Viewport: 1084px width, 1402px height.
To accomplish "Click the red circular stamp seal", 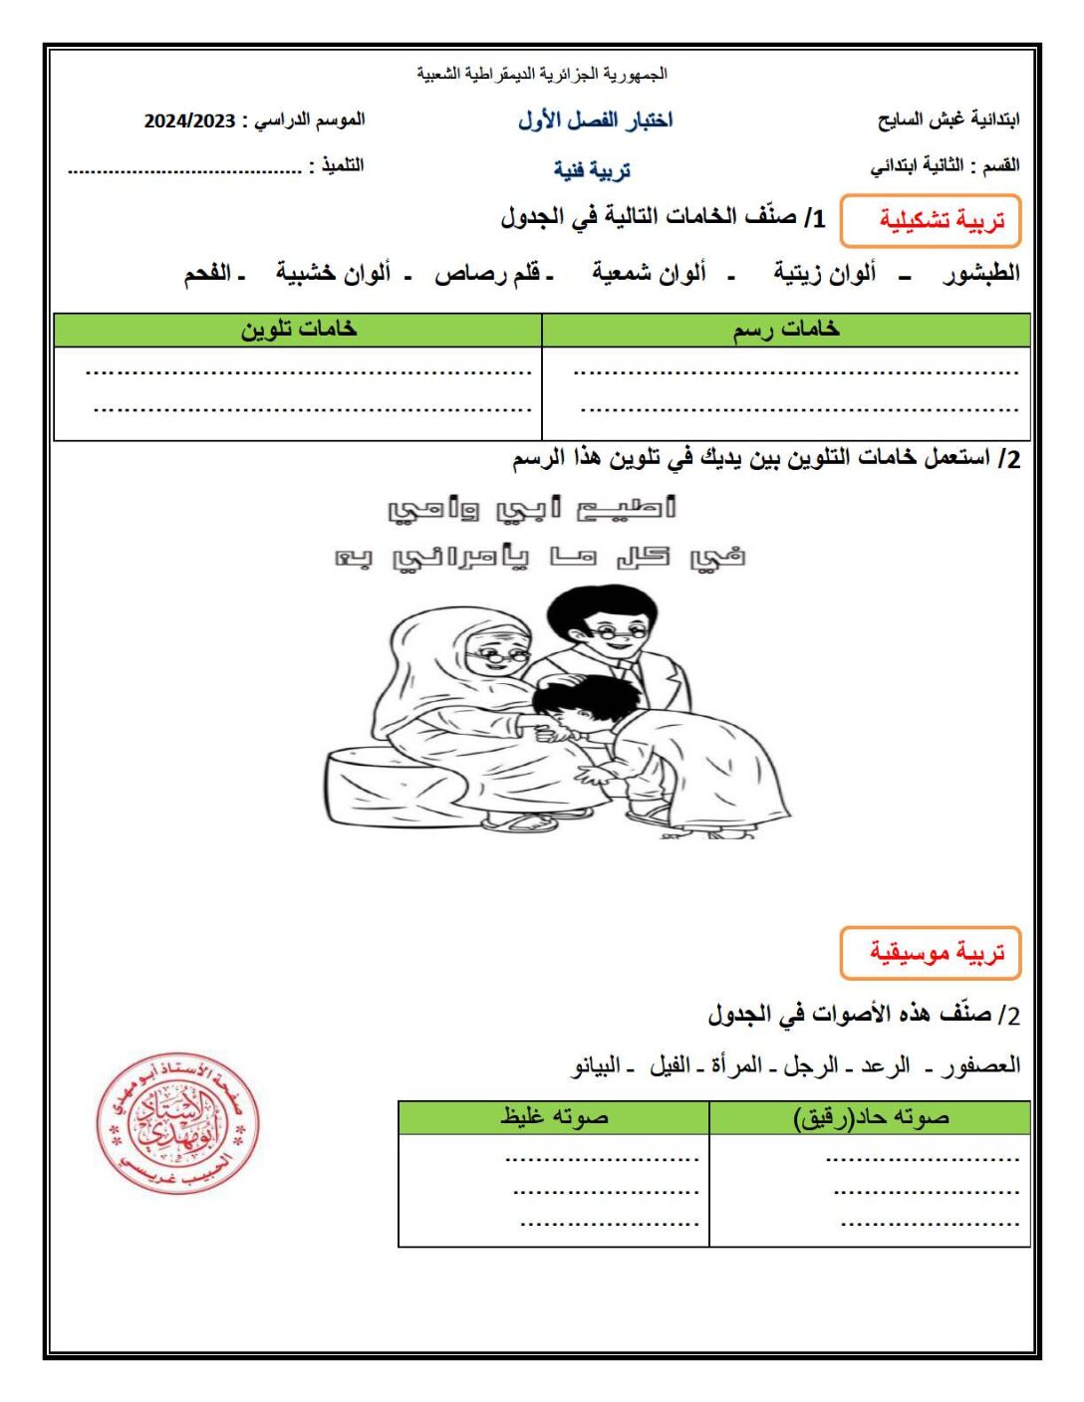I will pos(177,1123).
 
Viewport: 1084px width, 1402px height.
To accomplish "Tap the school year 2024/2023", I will pos(189,121).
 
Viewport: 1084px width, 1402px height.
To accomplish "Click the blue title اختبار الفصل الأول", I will pos(595,120).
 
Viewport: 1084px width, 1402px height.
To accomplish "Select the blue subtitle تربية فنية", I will pos(592,170).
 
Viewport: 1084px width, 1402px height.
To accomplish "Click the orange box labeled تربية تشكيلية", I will pos(931,221).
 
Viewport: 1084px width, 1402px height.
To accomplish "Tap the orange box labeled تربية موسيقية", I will pos(931,953).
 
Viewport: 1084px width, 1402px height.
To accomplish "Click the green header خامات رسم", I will pos(786,330).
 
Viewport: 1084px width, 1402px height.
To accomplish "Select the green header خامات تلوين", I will pos(298,330).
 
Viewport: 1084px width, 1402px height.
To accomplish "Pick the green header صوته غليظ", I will pos(554,1117).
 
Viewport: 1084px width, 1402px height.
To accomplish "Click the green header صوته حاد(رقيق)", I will pos(871,1117).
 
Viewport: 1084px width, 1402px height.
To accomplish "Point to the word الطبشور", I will pos(981,273).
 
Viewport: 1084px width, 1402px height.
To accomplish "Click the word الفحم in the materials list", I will pos(208,273).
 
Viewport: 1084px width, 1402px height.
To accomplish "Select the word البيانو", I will pos(597,1065).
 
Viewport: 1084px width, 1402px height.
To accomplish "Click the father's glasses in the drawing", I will pos(618,631).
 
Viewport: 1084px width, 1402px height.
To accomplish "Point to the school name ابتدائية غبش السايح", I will pos(948,120).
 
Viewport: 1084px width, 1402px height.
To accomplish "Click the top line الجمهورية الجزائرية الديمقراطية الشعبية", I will pos(542,74).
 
